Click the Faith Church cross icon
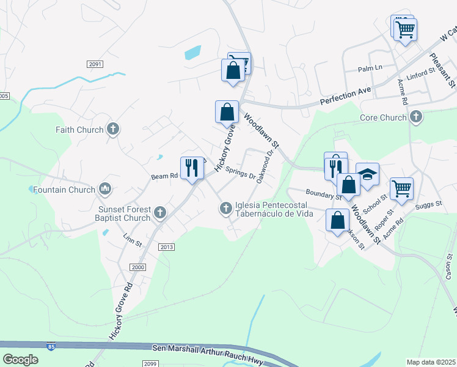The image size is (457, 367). [112, 129]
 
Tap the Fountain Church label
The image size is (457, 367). [64, 190]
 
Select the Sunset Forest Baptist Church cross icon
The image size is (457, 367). [160, 213]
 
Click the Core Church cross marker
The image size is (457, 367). [416, 117]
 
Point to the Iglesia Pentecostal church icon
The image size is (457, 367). [226, 209]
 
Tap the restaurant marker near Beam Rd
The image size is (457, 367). [192, 168]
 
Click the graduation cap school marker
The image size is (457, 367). [367, 174]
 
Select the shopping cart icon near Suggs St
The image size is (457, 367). [401, 188]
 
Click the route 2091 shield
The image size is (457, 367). [95, 64]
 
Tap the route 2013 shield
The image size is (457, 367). [166, 247]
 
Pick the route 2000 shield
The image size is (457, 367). [138, 267]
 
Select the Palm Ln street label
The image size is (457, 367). [370, 67]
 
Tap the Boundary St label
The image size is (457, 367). [324, 193]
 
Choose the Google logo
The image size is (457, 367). [21, 360]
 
